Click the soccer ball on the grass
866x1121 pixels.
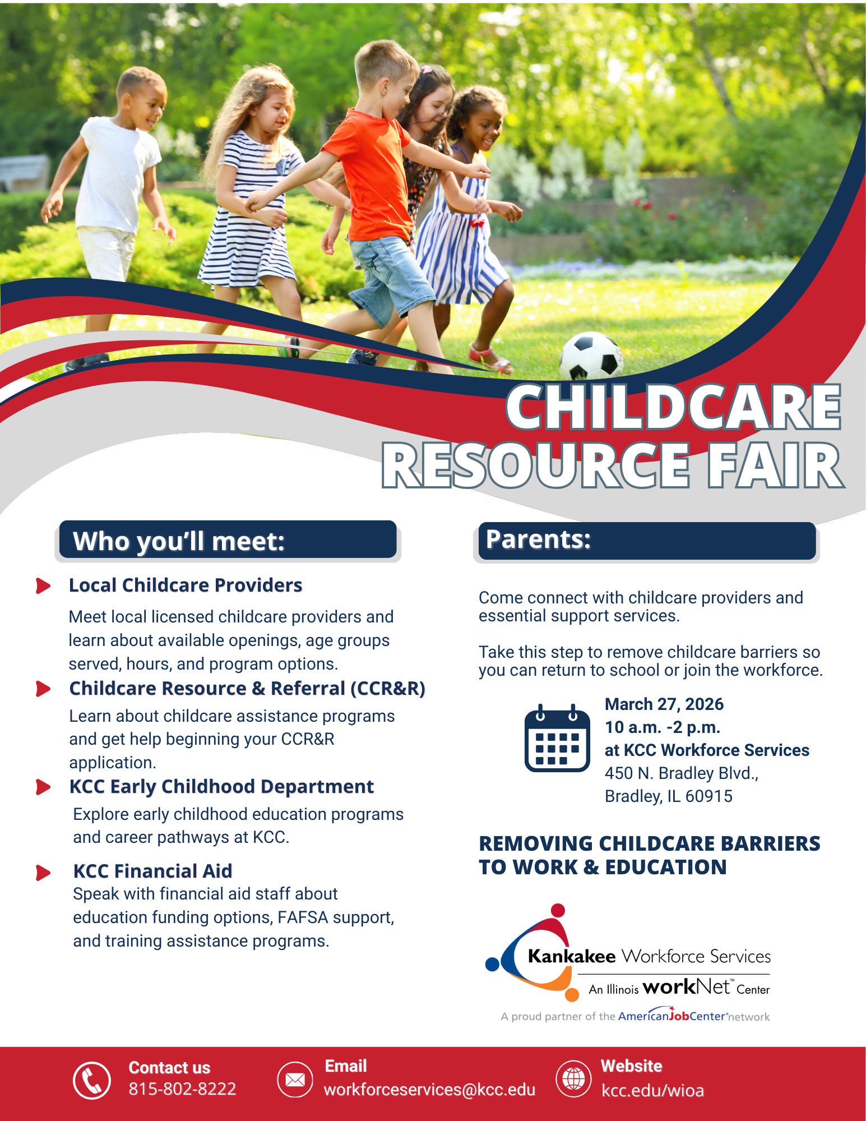click(591, 356)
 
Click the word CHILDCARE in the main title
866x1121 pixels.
click(673, 407)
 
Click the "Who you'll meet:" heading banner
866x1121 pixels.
click(228, 540)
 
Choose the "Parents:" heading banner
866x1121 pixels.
click(646, 540)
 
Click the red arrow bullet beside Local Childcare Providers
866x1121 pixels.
click(43, 585)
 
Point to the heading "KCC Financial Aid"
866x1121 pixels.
click(152, 871)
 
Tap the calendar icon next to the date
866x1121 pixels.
click(557, 739)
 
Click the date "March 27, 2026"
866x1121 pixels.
click(664, 704)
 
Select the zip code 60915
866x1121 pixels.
click(708, 796)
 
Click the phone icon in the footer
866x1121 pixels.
click(92, 1080)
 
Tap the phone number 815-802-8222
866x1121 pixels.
click(182, 1089)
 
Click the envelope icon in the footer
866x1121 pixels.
click(295, 1080)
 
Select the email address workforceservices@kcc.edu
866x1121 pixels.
click(429, 1090)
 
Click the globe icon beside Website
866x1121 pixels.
click(573, 1078)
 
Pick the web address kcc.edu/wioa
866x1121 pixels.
click(652, 1091)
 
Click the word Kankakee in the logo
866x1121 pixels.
click(571, 956)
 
